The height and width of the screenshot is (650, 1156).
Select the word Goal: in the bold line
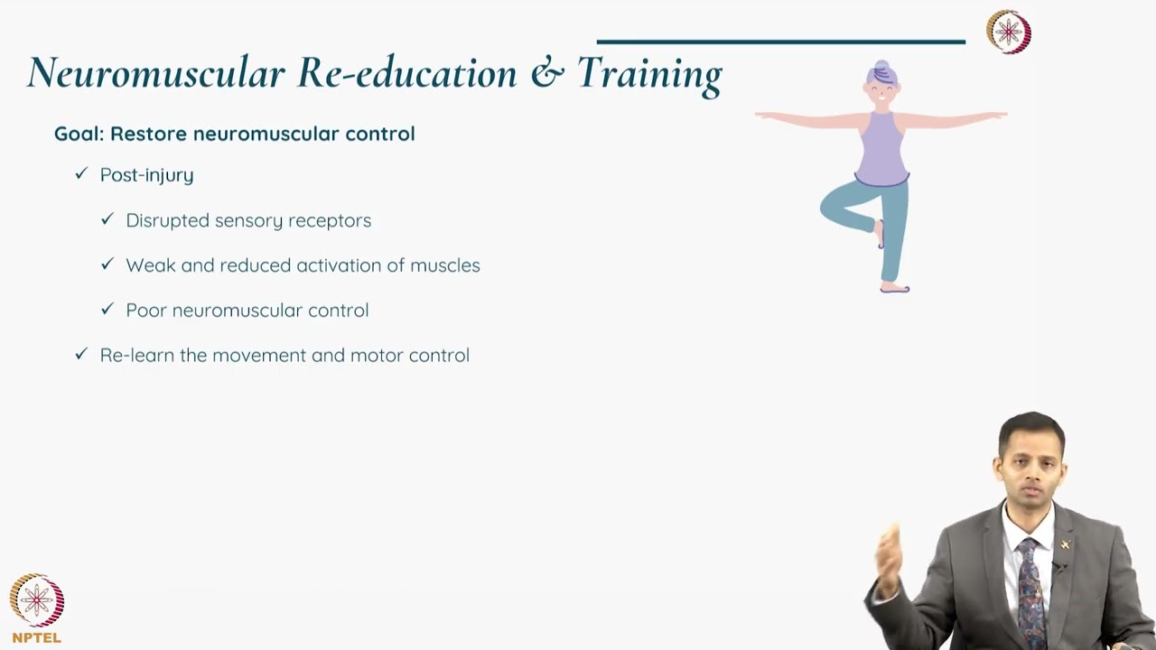tap(79, 134)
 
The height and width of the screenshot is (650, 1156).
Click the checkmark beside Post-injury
tap(81, 174)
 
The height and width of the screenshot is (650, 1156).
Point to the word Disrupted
tap(164, 220)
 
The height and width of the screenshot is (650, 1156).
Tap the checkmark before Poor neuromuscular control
tap(107, 310)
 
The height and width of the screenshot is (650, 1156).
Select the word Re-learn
tap(137, 355)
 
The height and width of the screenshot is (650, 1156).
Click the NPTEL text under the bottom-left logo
tap(36, 637)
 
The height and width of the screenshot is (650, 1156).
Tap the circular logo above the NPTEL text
tap(36, 600)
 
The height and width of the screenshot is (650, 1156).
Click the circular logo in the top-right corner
tap(1008, 32)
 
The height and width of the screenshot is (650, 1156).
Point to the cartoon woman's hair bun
tap(881, 68)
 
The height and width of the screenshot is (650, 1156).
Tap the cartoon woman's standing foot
tap(894, 288)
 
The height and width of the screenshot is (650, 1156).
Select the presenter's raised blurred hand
tap(889, 560)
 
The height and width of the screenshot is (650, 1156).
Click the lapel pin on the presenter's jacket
tap(1066, 544)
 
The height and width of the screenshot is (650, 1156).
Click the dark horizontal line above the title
tap(781, 42)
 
